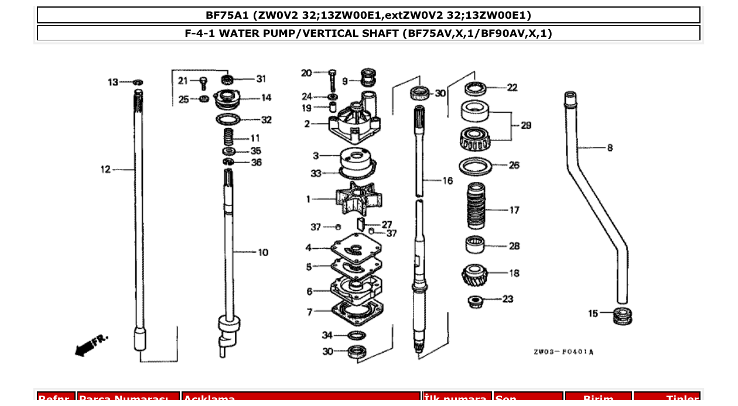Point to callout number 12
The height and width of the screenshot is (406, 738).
tap(105, 170)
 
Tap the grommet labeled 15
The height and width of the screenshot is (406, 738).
tap(623, 315)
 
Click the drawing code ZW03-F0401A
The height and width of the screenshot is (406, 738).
tap(563, 352)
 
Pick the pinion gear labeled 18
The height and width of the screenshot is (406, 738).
tap(474, 274)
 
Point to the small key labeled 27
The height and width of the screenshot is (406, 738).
tap(362, 223)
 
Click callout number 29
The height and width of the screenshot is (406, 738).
tap(525, 125)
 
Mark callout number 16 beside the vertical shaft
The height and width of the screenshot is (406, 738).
tap(447, 181)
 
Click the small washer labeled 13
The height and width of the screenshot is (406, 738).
tap(138, 82)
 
